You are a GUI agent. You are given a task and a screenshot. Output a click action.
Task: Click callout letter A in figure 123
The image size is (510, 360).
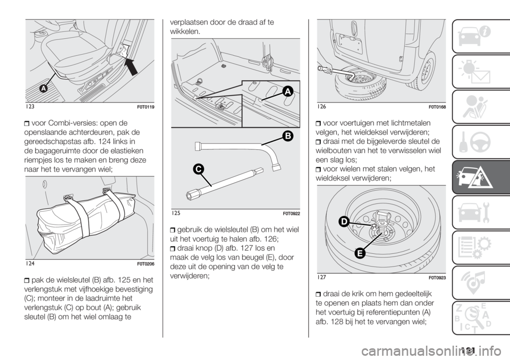coord(43,88)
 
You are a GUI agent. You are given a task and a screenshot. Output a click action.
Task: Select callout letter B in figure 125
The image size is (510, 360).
coord(288,136)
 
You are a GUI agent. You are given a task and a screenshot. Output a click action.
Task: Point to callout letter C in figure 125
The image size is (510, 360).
coord(198,169)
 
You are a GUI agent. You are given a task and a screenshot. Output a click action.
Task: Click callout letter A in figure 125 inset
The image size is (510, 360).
coord(288,92)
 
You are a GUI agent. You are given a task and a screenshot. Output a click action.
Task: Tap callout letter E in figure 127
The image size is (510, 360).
coord(360,253)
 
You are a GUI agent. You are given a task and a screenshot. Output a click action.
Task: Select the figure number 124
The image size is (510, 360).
coord(30,264)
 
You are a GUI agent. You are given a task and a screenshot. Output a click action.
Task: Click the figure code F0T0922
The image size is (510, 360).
coord(292,213)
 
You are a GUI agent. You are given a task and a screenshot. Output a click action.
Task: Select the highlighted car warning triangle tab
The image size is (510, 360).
coord(481,177)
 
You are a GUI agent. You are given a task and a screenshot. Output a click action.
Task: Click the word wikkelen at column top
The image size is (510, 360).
coord(185,31)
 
